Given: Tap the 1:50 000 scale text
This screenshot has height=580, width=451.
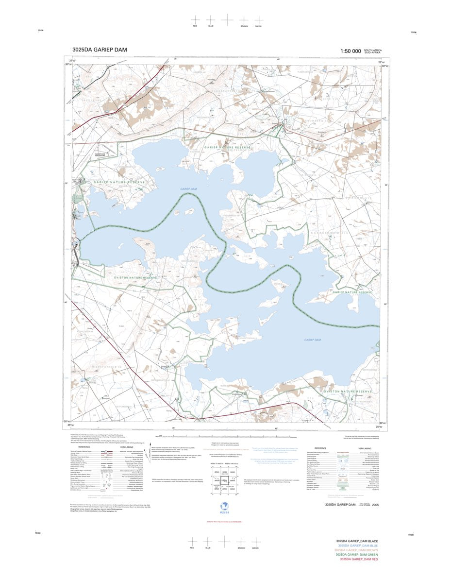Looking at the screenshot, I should pos(351,51).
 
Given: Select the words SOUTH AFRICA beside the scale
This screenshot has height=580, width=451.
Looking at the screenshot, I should pos(373,50).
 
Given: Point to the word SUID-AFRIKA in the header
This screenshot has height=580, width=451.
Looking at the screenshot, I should pos(373,52).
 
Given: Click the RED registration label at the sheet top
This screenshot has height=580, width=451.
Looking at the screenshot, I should pos(195,26).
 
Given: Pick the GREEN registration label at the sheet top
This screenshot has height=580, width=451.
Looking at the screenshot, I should pos(258,26).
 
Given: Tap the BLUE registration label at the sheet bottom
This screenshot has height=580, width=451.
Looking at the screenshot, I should pos(208,548).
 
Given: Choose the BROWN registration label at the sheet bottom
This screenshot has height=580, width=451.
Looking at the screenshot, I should pos(241,548).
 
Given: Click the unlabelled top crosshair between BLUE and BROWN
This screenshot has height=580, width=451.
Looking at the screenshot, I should pos(227,19).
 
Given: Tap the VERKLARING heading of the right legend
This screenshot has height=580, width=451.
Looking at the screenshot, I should pos(365,448).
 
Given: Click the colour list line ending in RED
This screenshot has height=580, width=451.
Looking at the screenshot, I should pos(359,559).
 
